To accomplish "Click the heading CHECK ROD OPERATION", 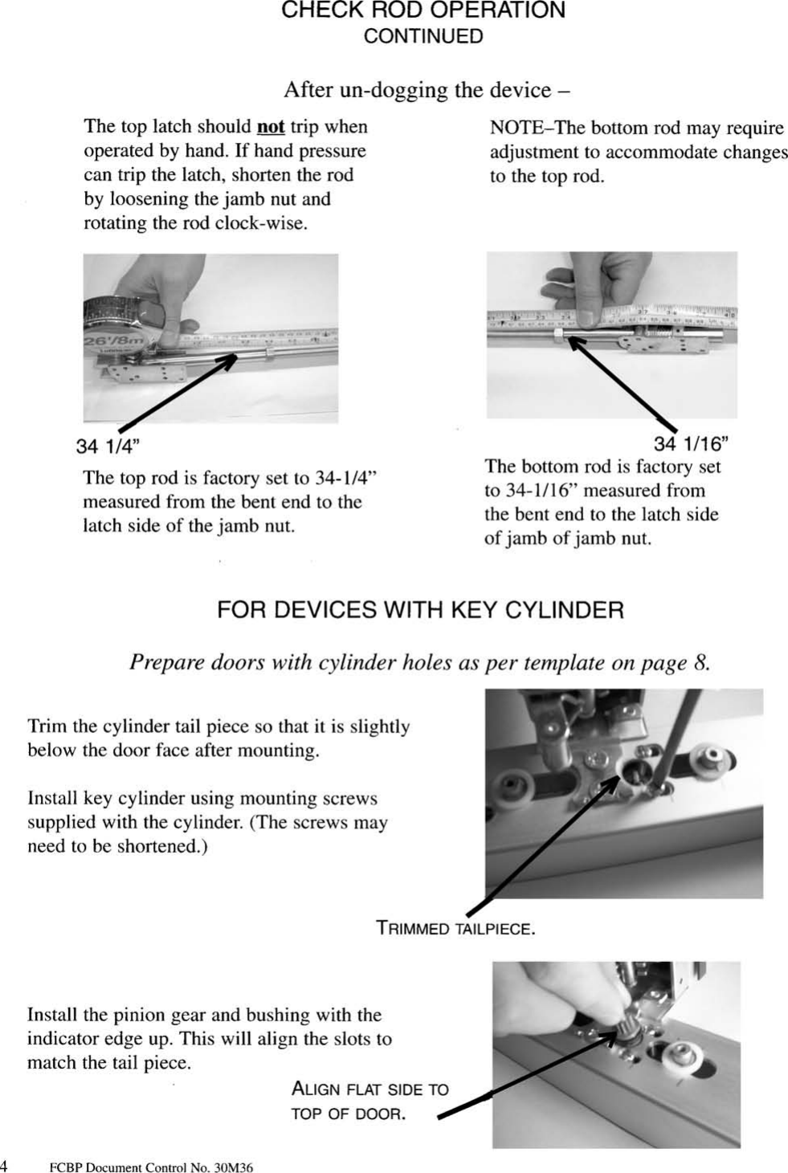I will click(423, 11).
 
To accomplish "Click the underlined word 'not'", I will click(271, 127).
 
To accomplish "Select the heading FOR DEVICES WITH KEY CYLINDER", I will click(420, 610).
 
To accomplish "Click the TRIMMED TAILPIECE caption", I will click(455, 929).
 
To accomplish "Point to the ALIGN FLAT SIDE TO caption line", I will click(370, 1090).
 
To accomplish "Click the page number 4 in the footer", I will click(4, 1166).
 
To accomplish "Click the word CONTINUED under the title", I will click(423, 37).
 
